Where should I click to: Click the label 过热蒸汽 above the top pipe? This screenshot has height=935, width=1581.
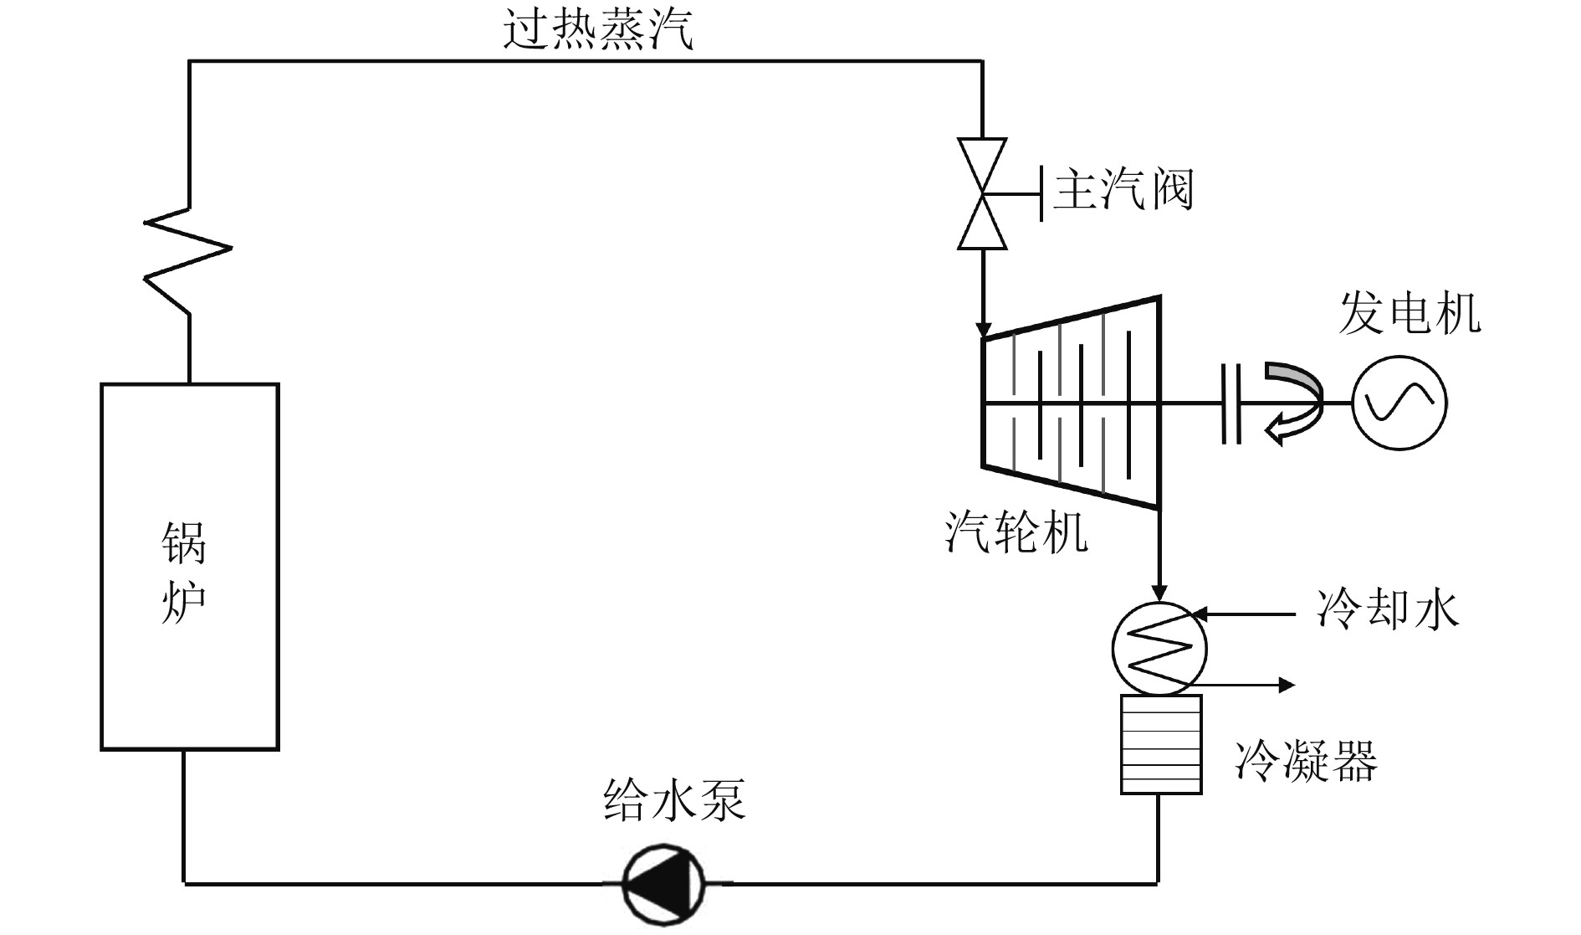tap(598, 31)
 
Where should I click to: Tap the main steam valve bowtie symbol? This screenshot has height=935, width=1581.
tap(982, 194)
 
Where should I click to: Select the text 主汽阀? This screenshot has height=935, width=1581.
tap(1123, 190)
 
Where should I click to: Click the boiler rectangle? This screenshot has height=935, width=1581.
tap(190, 567)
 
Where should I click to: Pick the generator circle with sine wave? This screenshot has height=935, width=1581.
tap(1399, 403)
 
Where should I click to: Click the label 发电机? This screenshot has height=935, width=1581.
tap(1409, 314)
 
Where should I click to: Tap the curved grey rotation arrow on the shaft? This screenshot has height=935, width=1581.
tap(1293, 402)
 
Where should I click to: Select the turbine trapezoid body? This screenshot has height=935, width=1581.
tap(1071, 403)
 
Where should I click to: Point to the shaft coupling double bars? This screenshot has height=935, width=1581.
tap(1230, 403)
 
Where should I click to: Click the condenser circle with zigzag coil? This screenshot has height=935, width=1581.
tap(1159, 649)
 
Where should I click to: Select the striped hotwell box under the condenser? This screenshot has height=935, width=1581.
tap(1161, 744)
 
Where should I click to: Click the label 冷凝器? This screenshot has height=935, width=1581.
tap(1306, 761)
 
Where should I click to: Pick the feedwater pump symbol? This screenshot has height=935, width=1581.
tap(663, 883)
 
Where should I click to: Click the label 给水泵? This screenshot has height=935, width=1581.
tap(674, 799)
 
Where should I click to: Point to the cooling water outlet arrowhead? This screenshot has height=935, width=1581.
tap(1287, 686)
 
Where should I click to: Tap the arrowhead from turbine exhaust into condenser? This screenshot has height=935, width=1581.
tap(1159, 593)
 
